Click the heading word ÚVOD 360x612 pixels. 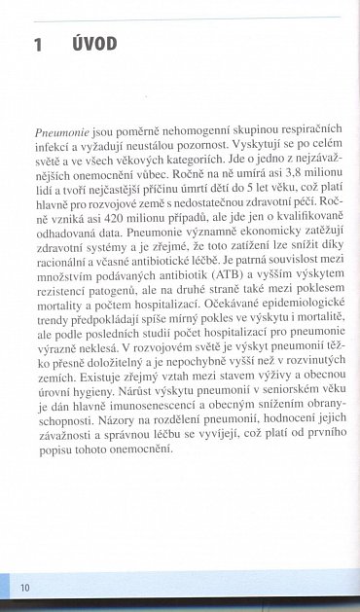coord(94,44)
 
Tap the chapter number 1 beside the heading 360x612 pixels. coord(38,45)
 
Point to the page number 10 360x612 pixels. coord(24,587)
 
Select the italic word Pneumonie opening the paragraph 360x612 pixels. coord(60,131)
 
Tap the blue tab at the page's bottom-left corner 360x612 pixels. coord(5,587)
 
